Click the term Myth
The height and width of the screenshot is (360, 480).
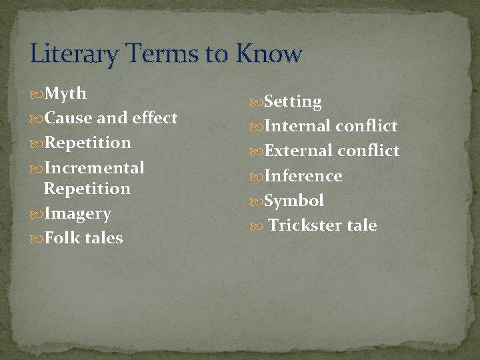(x=65, y=93)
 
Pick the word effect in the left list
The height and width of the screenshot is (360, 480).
(x=155, y=118)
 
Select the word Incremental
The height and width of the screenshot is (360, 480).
(x=94, y=167)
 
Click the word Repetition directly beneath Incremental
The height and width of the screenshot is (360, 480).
(x=87, y=188)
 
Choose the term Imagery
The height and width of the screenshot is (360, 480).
(x=77, y=214)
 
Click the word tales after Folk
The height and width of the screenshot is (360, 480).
(x=103, y=238)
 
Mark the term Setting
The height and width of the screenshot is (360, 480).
(x=293, y=102)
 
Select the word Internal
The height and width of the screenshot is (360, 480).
(x=297, y=126)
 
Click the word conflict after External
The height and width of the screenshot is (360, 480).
(x=368, y=151)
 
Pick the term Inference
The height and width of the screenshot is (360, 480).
(x=303, y=176)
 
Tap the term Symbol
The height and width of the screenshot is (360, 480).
(x=294, y=201)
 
